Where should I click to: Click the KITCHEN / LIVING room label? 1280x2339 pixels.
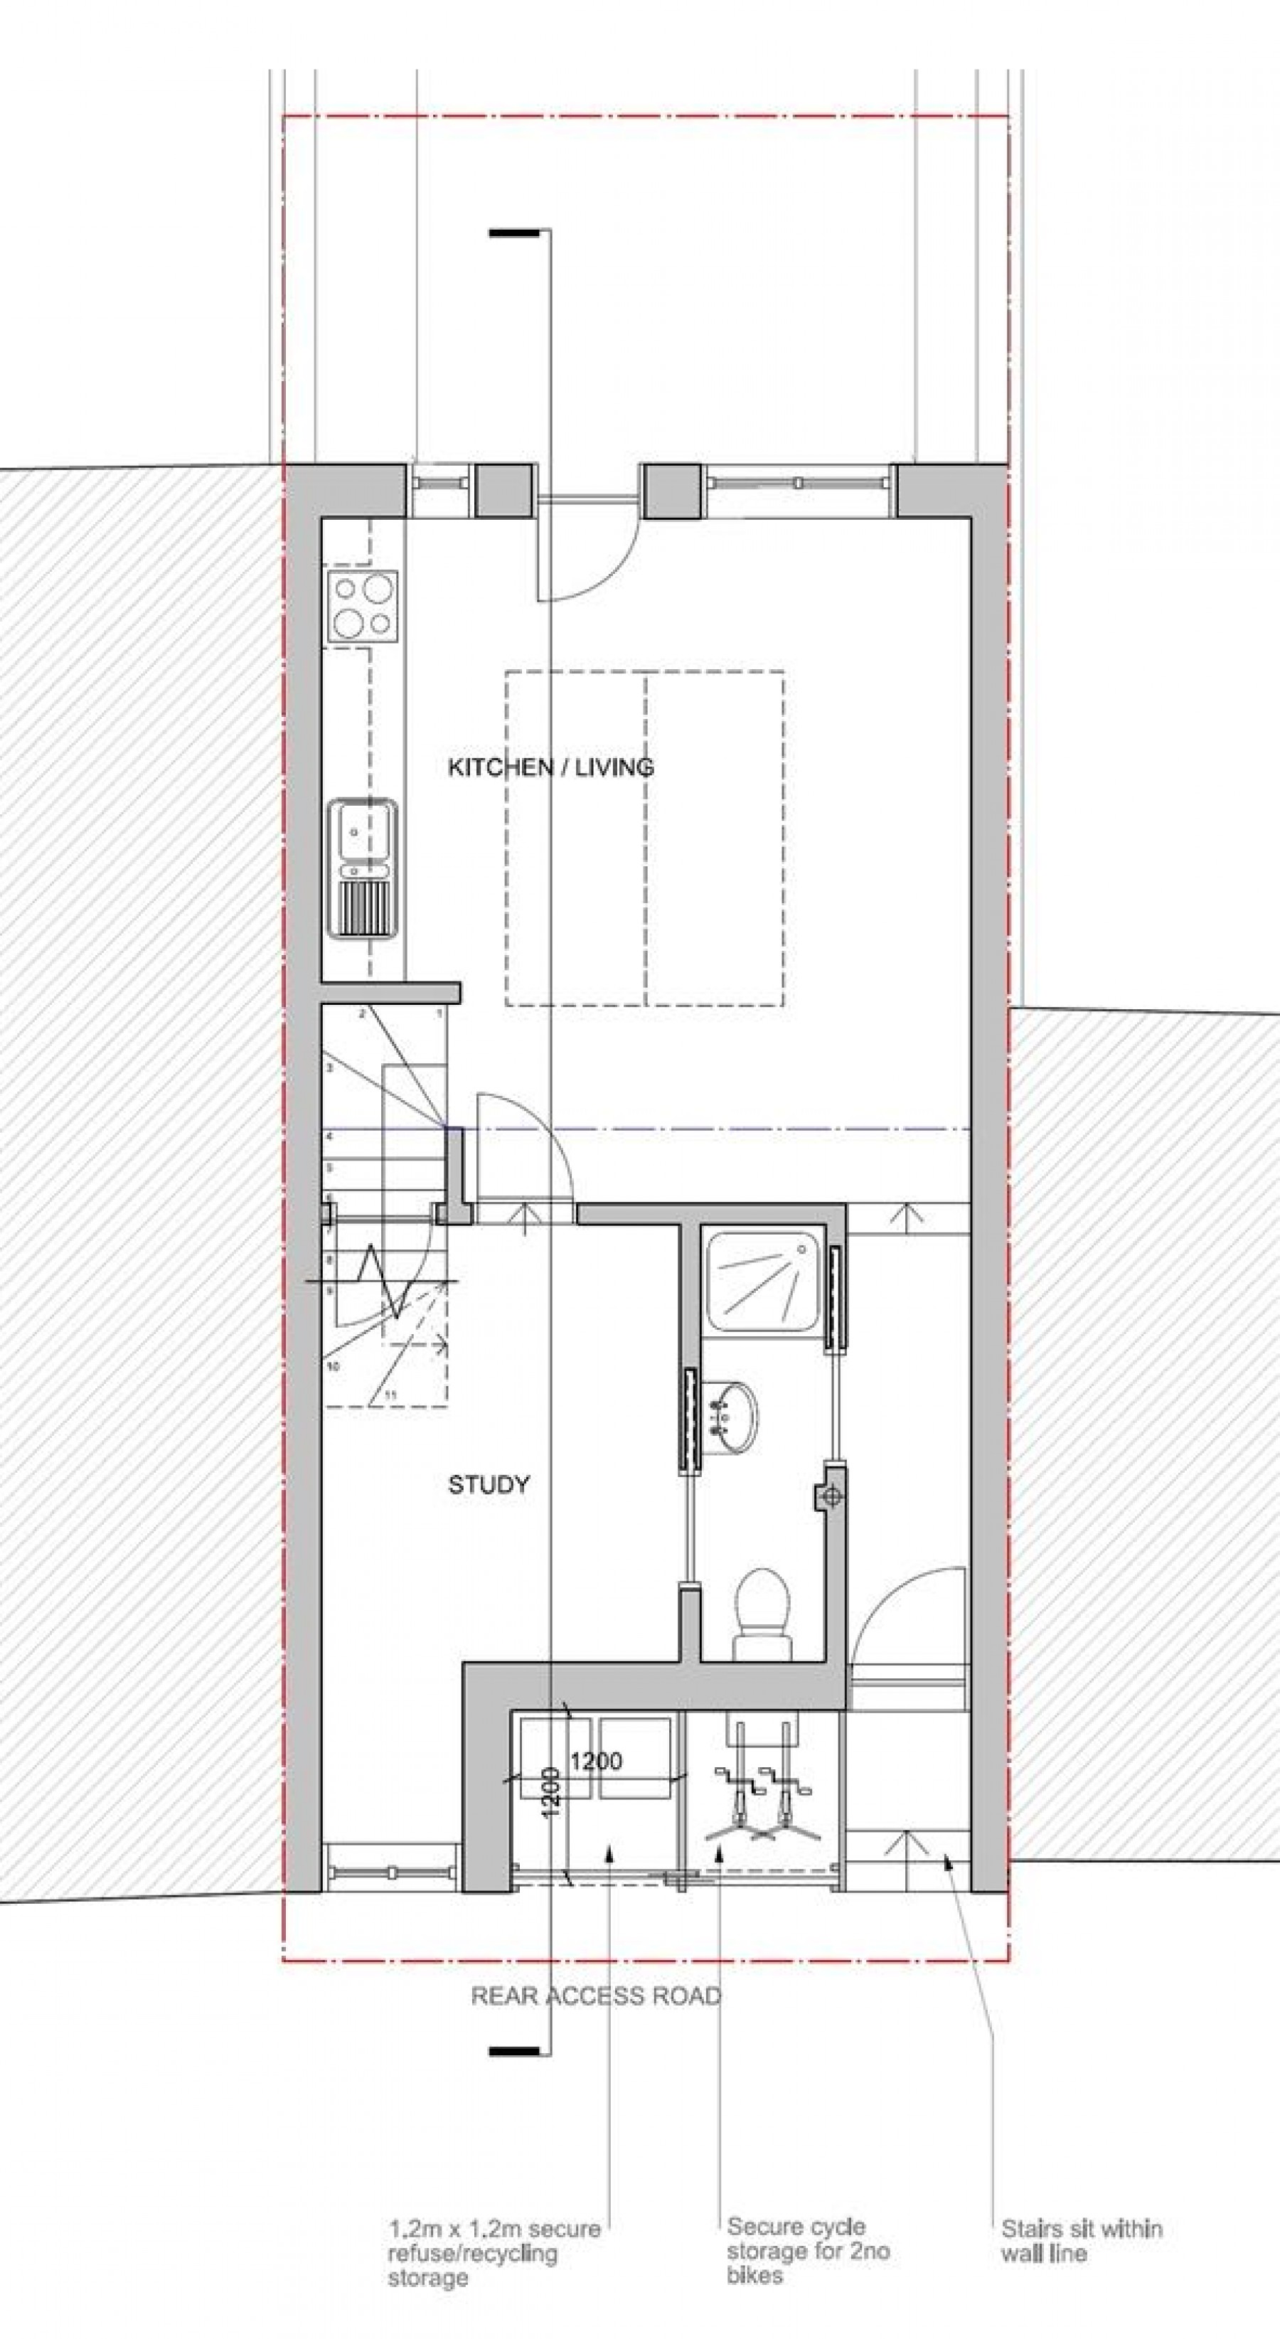[551, 767]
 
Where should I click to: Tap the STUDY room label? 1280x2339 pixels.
[489, 1485]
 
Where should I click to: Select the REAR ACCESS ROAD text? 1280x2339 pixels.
[595, 1996]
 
